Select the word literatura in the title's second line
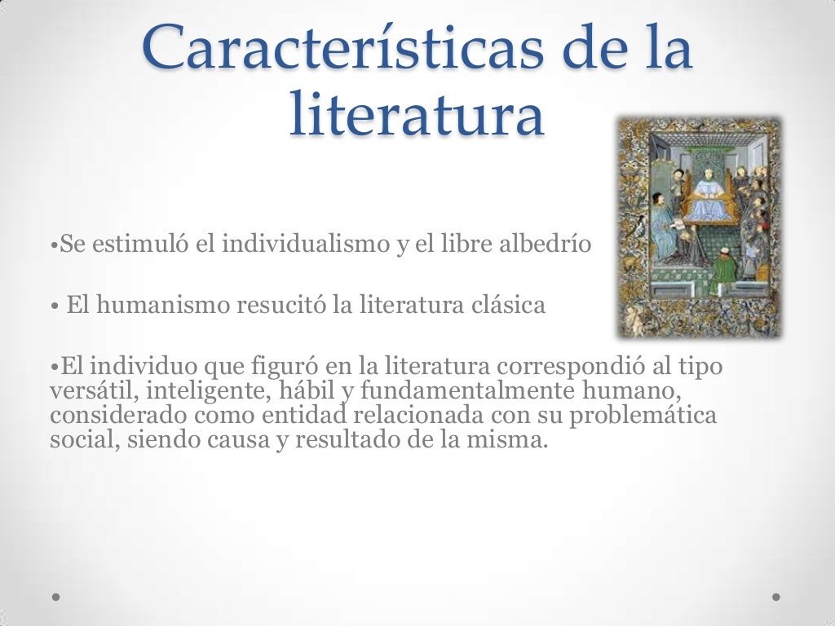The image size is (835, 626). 416,115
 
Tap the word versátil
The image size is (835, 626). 94,390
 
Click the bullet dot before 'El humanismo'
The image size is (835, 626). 53,307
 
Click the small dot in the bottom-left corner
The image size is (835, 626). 55,597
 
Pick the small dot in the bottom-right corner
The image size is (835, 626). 776,597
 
